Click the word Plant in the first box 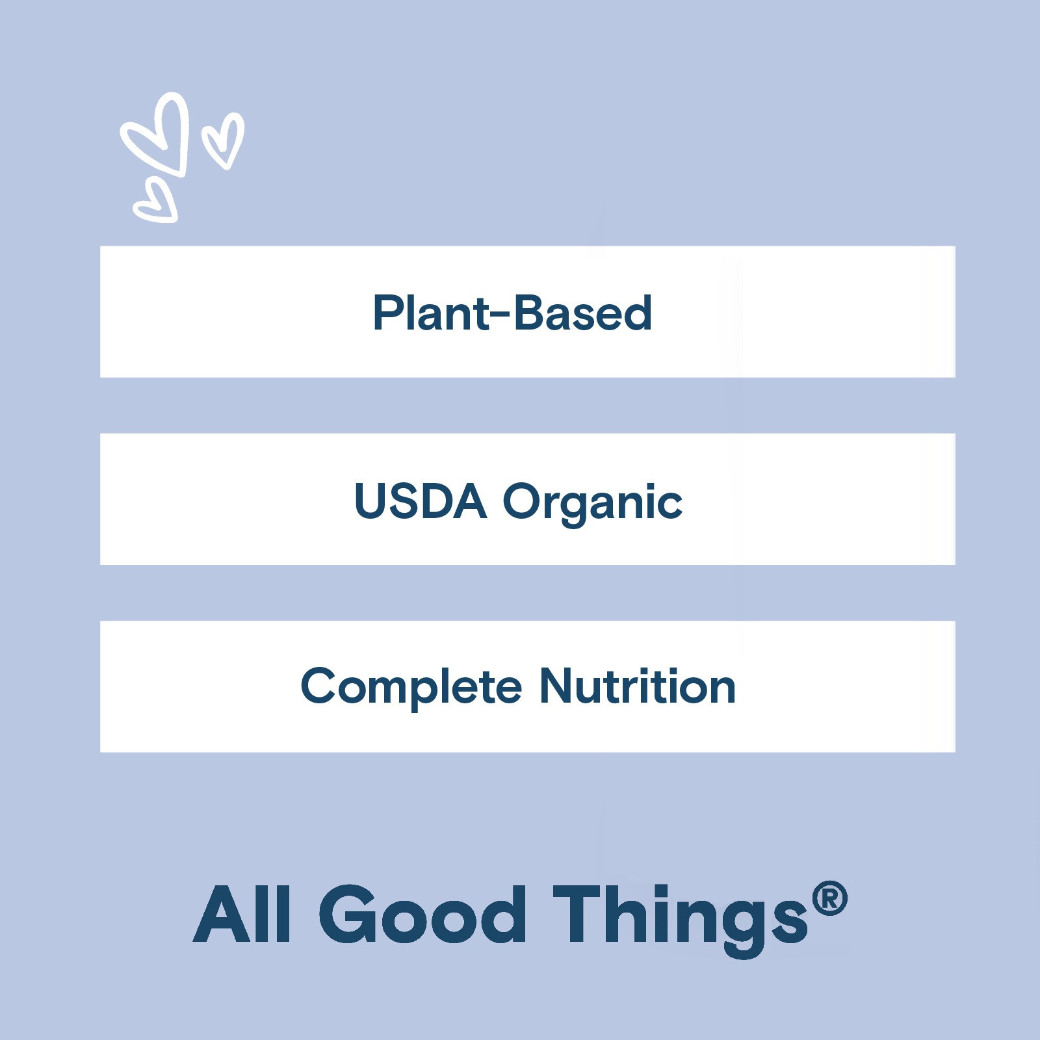tap(430, 313)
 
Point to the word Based tap(583, 313)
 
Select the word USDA tap(420, 501)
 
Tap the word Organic tap(593, 504)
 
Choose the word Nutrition tap(638, 686)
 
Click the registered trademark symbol tap(829, 899)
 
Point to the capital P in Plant tap(388, 313)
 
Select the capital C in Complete tap(320, 686)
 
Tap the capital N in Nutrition tap(557, 686)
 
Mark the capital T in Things tap(578, 914)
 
